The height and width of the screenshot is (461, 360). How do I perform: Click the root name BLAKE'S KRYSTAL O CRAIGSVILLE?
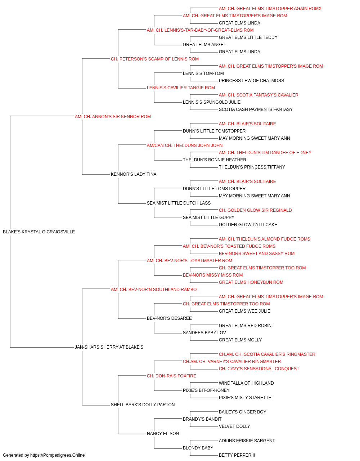[39, 232]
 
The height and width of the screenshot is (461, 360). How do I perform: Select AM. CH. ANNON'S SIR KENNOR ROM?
[113, 117]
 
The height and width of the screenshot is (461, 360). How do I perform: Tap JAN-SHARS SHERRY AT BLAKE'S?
[109, 347]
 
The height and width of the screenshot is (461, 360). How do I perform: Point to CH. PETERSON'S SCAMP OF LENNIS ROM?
[155, 59]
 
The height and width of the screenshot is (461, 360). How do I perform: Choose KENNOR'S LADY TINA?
[134, 174]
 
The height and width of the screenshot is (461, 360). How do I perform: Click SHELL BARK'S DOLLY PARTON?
[143, 405]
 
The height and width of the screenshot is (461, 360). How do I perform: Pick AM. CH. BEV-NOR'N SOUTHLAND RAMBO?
[154, 290]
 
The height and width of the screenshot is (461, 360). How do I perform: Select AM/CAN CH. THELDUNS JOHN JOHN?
[185, 146]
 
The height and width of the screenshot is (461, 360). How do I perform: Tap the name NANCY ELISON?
[163, 434]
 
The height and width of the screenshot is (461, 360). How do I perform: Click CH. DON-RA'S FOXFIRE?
[171, 376]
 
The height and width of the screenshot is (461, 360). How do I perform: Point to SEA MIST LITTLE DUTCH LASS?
[179, 203]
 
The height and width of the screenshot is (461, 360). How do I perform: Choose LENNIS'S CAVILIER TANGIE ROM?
[181, 88]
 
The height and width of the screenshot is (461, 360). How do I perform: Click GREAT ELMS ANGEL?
[204, 45]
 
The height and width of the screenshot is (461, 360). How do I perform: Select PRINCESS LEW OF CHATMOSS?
[251, 81]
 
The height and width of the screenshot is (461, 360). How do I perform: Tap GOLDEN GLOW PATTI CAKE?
[248, 225]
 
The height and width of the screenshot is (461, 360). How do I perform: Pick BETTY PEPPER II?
[237, 455]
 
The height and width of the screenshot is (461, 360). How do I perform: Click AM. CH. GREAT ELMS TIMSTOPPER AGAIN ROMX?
[270, 9]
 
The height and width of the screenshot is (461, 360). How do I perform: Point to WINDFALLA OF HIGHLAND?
[246, 383]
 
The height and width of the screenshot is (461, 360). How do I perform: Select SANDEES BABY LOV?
[204, 333]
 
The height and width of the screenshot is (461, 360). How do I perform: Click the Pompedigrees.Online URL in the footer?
[58, 455]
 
